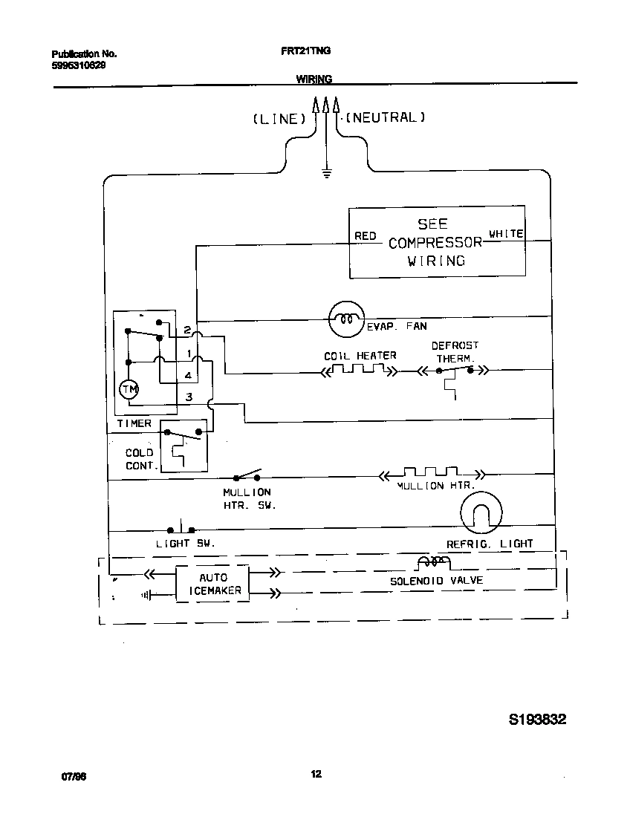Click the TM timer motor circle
pyautogui.click(x=129, y=389)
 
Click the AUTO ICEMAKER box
pyautogui.click(x=213, y=584)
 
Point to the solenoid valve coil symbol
pyautogui.click(x=434, y=561)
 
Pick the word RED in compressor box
pyautogui.click(x=366, y=236)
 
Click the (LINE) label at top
pyautogui.click(x=279, y=119)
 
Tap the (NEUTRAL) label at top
pyautogui.click(x=386, y=117)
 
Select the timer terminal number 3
pyautogui.click(x=189, y=397)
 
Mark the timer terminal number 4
pyautogui.click(x=189, y=376)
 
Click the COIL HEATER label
pyautogui.click(x=360, y=356)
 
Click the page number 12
pyautogui.click(x=316, y=775)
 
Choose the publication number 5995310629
pyautogui.click(x=78, y=65)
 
